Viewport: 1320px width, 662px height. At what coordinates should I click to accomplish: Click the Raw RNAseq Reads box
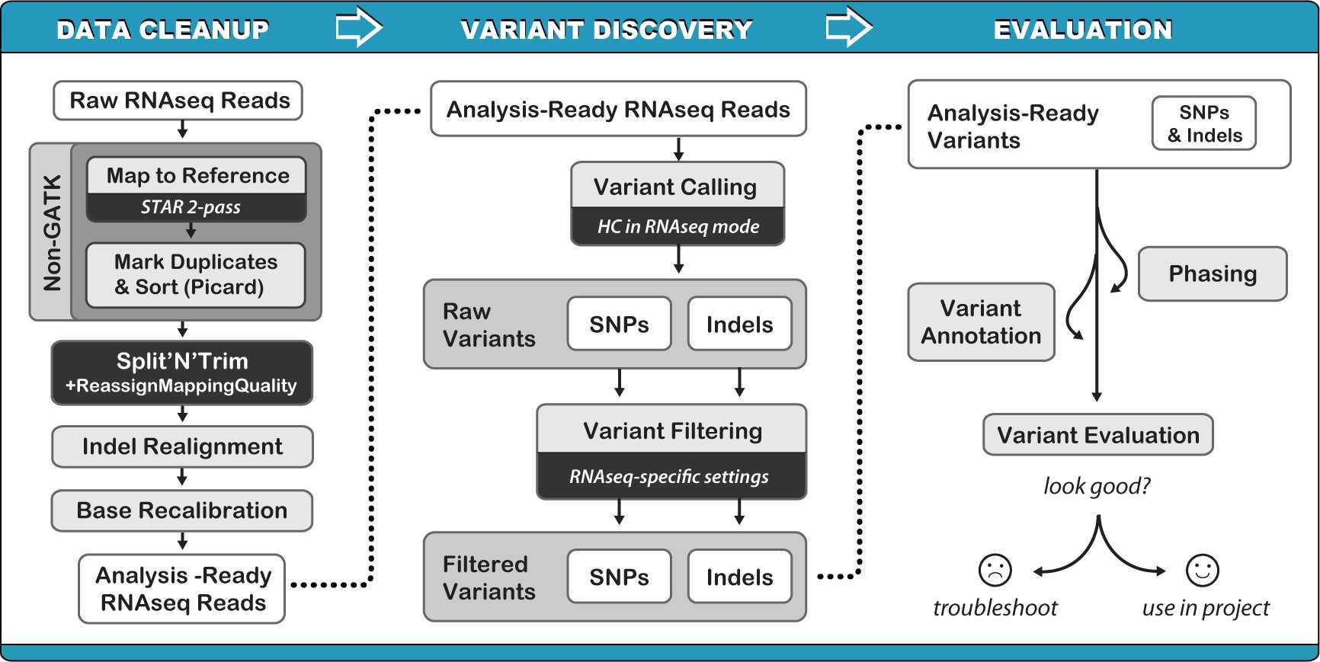[x=178, y=101]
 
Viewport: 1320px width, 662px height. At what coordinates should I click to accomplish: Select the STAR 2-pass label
[x=191, y=207]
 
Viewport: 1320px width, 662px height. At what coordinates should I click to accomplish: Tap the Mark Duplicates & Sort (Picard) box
[x=195, y=274]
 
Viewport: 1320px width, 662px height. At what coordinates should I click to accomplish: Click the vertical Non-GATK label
[x=52, y=232]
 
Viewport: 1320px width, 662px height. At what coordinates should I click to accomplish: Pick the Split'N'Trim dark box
[x=182, y=372]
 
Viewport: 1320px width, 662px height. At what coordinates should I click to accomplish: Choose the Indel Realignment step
[x=182, y=446]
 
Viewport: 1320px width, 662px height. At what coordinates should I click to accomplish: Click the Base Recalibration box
[x=182, y=510]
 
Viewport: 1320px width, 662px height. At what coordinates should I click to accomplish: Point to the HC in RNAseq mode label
[x=678, y=226]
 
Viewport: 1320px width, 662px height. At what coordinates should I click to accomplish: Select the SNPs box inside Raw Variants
[x=619, y=325]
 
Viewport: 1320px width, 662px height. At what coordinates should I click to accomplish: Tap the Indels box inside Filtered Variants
[x=739, y=577]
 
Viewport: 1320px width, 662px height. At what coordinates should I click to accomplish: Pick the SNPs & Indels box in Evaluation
[x=1204, y=123]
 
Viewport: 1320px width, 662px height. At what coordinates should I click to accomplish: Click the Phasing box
[x=1212, y=274]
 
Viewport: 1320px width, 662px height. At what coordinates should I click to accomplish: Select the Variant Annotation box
[x=981, y=322]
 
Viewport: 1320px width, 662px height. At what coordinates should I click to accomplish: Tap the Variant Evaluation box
[x=1097, y=435]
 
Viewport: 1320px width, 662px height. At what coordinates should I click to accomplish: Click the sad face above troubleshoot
[x=995, y=570]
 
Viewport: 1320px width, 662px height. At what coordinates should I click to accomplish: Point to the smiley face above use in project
[x=1203, y=570]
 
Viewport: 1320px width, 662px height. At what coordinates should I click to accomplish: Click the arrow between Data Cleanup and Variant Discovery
[x=358, y=29]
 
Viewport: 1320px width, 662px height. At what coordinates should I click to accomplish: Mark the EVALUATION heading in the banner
[x=1082, y=30]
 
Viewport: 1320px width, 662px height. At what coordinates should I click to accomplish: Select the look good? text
[x=1097, y=486]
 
